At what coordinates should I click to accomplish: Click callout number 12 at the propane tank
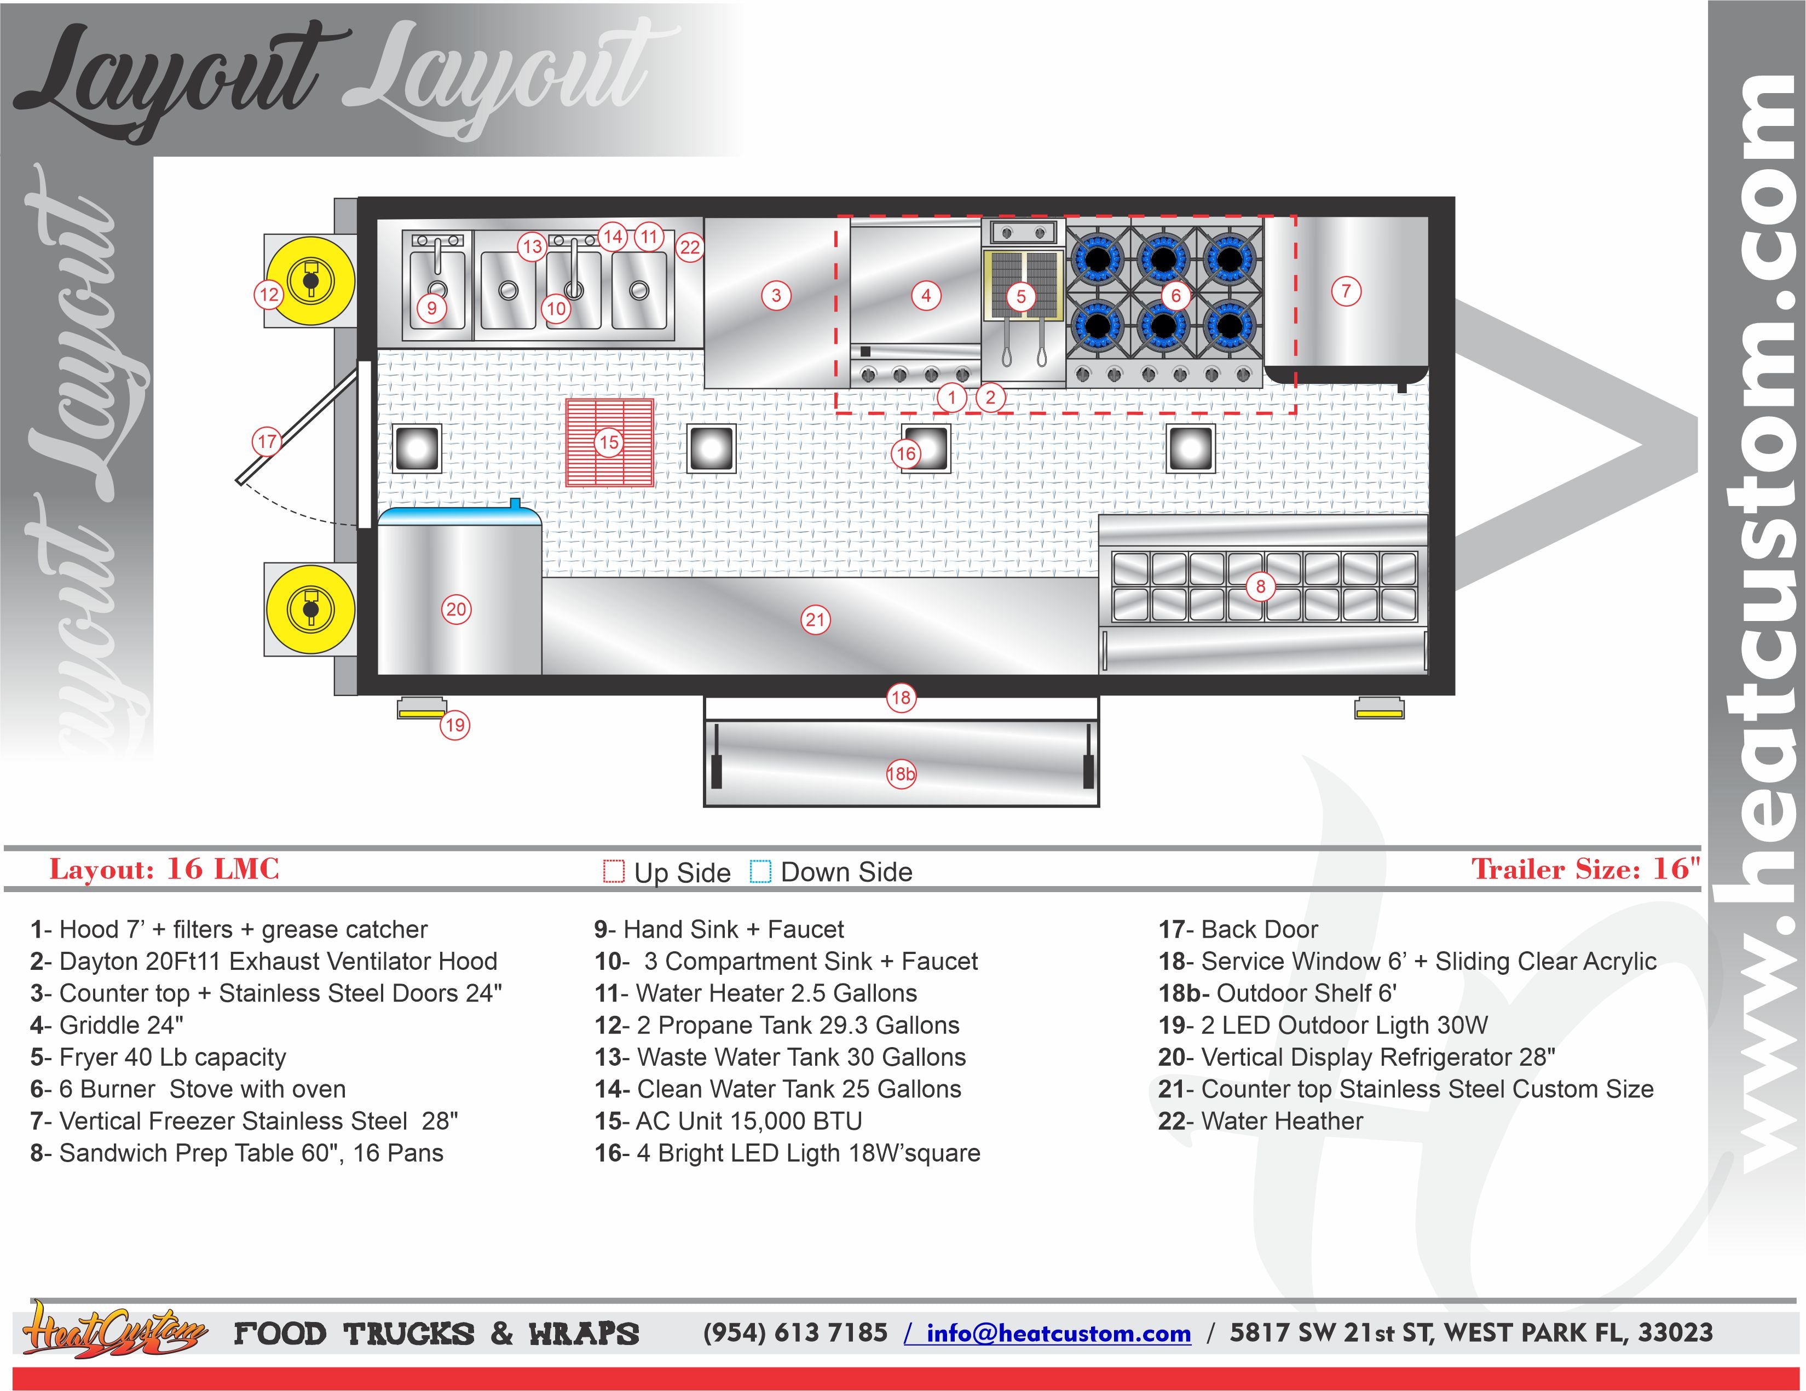coord(269,295)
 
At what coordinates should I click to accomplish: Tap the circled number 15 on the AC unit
coord(609,442)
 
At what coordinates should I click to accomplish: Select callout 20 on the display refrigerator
coord(457,610)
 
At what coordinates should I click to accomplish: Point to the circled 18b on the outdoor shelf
coord(901,774)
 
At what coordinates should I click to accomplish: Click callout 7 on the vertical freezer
coord(1346,291)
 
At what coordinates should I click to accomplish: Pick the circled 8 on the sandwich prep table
coord(1260,587)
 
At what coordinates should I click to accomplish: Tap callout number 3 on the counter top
coord(776,295)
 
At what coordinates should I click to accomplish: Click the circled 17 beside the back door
coord(266,441)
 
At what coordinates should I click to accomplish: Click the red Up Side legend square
coord(614,872)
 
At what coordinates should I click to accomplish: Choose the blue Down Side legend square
coord(760,872)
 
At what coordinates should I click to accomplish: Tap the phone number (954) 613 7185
coord(795,1333)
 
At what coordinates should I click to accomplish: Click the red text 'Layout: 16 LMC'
coord(165,869)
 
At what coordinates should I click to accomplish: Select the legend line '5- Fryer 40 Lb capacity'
coord(158,1057)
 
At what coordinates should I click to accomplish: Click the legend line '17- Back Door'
coord(1238,929)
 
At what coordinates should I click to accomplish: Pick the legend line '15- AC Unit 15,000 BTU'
coord(728,1122)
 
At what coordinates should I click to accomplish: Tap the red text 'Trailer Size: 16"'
coord(1585,869)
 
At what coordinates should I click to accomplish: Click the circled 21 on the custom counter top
coord(815,619)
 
